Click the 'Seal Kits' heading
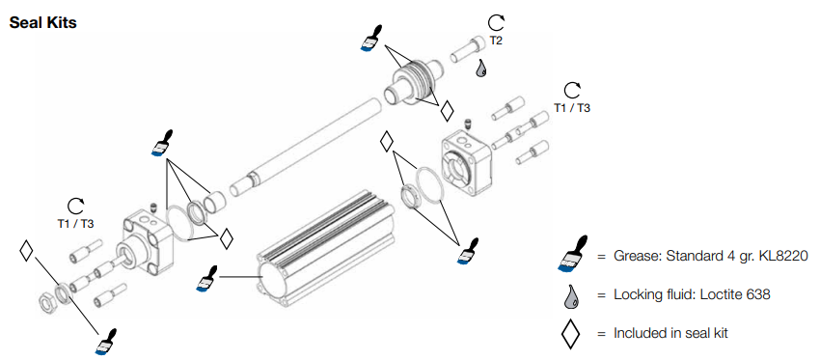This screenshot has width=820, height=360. [x=42, y=23]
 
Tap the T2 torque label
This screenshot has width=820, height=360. [x=496, y=41]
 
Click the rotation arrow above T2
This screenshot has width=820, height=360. [x=496, y=23]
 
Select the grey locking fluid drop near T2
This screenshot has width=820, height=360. [x=481, y=69]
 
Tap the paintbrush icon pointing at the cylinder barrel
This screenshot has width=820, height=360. [x=207, y=278]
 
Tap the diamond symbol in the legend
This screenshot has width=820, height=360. [x=571, y=332]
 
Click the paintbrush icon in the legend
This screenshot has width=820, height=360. [x=572, y=256]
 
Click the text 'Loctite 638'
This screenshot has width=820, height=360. [x=737, y=294]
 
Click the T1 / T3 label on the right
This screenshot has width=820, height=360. [x=572, y=108]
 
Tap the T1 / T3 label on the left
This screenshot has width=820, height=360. [x=76, y=223]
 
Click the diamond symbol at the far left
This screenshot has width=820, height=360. [x=26, y=250]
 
